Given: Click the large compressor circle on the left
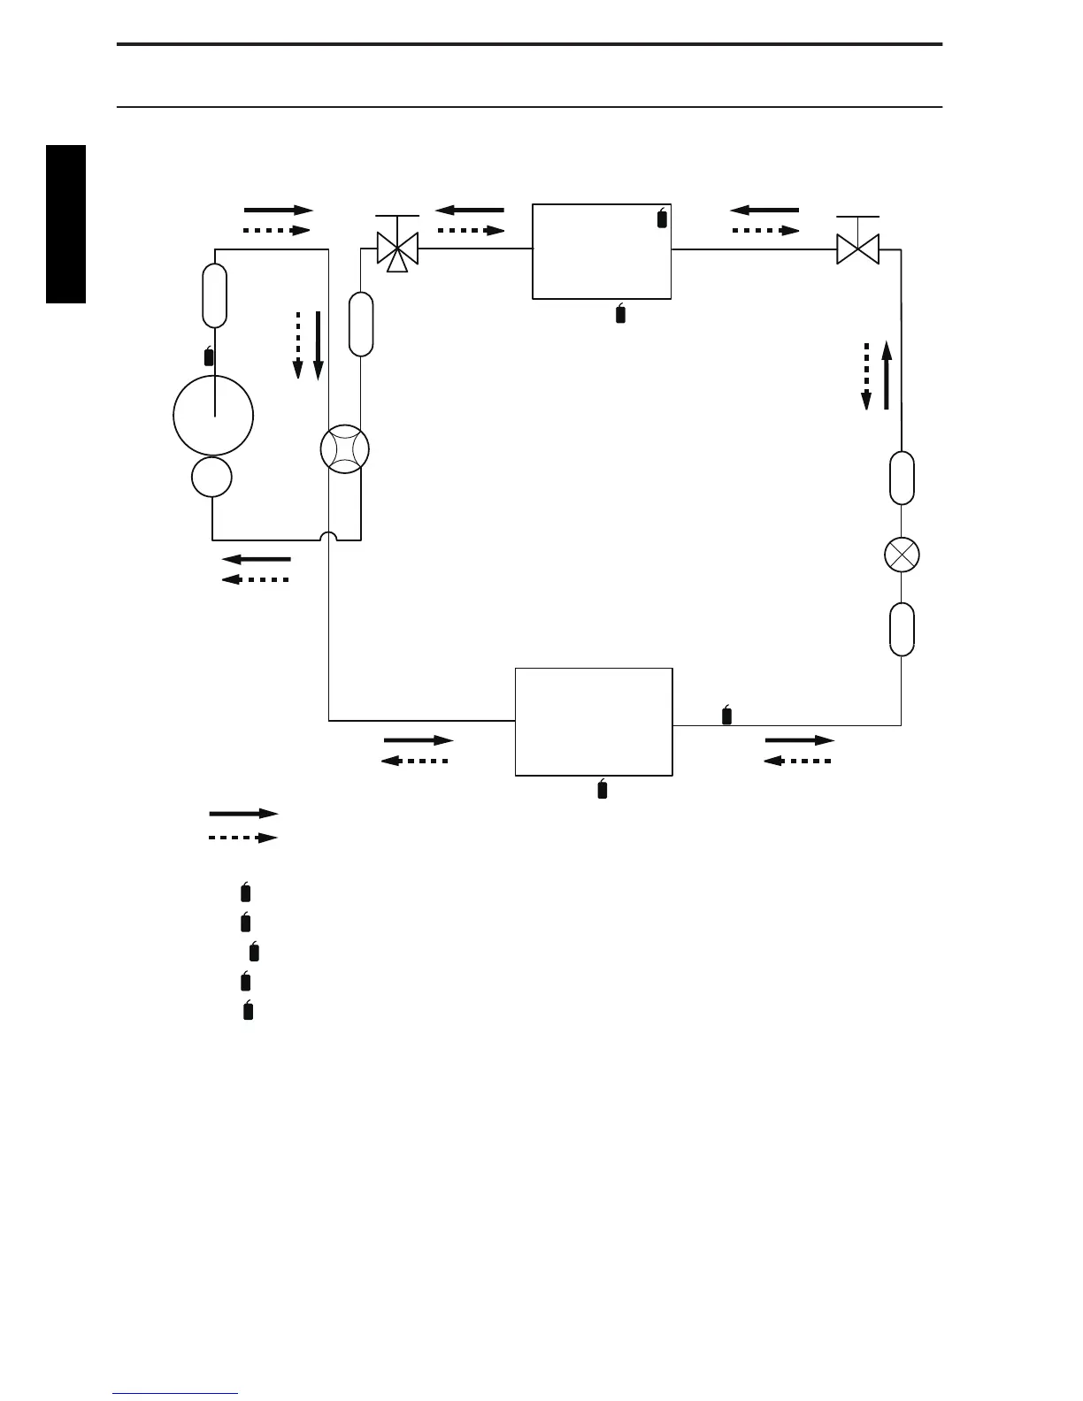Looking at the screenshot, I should click(x=213, y=415).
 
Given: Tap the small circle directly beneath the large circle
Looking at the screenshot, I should click(x=212, y=478).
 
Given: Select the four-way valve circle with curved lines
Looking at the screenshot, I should click(x=344, y=449).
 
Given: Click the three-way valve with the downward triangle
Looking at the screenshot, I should click(x=397, y=249).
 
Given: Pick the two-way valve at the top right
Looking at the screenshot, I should click(x=857, y=249).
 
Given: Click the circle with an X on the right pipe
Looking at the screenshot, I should click(x=902, y=555).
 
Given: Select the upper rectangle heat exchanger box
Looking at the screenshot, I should click(x=602, y=251).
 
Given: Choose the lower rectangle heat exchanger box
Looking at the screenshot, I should click(x=594, y=722).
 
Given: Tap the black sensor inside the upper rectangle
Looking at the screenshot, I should click(x=662, y=218).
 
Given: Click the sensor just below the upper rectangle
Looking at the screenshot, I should click(x=620, y=313).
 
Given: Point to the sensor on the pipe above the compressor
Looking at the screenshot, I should click(x=209, y=356).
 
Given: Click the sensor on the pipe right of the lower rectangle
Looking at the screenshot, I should click(x=727, y=715).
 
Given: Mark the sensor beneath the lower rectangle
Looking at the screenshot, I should click(x=603, y=789).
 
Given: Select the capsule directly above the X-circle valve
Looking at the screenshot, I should click(x=902, y=478).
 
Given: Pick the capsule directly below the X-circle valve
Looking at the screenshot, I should click(x=902, y=629).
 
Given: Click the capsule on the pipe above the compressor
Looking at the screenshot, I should click(x=214, y=295).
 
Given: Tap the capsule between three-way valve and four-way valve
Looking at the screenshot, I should click(x=361, y=324).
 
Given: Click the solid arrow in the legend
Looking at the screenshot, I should click(x=242, y=814).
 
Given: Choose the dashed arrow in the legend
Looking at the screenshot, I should click(x=242, y=838).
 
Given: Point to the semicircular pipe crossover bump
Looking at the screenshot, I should click(x=328, y=537).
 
